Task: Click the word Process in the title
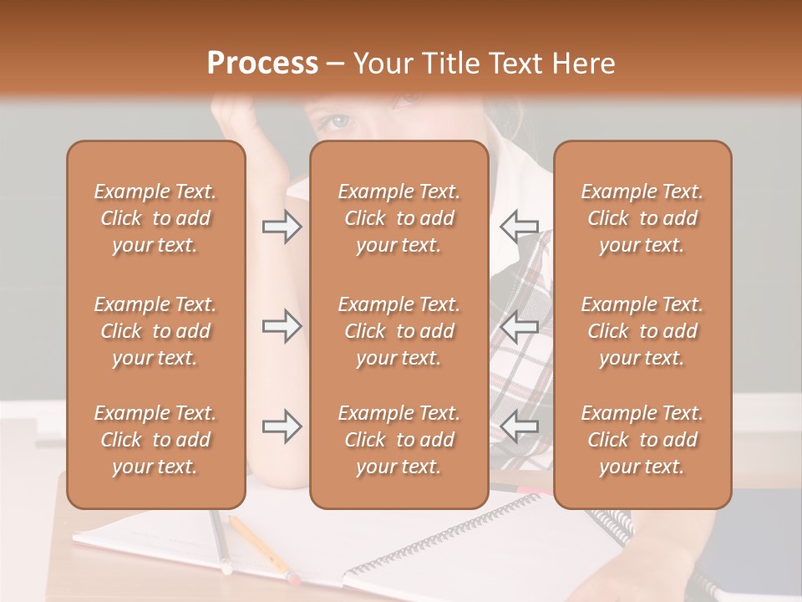tap(262, 64)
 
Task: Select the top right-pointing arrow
tap(282, 227)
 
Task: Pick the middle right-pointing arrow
tap(282, 326)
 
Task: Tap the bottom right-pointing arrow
tap(282, 426)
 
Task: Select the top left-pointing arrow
tap(519, 226)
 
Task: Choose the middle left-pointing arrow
tap(519, 326)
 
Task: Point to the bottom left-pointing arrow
tap(519, 426)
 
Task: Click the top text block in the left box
tap(155, 218)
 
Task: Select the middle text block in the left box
tap(155, 331)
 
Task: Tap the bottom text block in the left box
tap(155, 440)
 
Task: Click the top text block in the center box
tap(398, 218)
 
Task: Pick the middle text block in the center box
tap(398, 331)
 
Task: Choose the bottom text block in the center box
tap(398, 440)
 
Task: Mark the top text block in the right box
tap(642, 218)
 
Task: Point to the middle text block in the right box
tap(642, 331)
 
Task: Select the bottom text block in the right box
tap(642, 440)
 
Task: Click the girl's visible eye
tap(338, 122)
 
